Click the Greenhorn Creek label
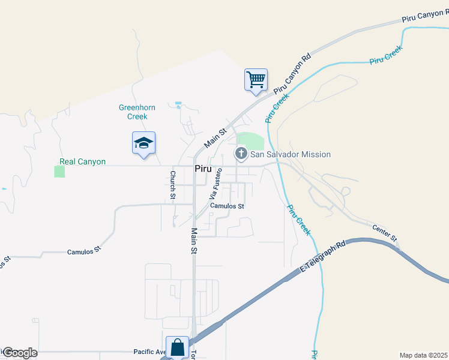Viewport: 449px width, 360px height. tap(137, 112)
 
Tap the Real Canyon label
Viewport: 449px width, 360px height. tap(82, 162)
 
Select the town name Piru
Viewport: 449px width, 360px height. tap(202, 169)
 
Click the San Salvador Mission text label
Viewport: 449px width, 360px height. tap(291, 154)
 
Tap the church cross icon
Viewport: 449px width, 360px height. tap(241, 154)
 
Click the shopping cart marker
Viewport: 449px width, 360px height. tap(256, 79)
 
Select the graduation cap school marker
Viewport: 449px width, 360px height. tap(143, 143)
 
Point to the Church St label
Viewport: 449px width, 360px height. tap(172, 185)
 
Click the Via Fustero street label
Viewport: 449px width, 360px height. tap(215, 183)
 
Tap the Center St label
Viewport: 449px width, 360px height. tap(385, 233)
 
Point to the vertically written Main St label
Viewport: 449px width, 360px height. tap(194, 241)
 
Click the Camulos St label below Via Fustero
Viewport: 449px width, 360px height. tap(227, 206)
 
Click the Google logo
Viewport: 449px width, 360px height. tap(20, 353)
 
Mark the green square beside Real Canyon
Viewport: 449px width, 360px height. tap(59, 172)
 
